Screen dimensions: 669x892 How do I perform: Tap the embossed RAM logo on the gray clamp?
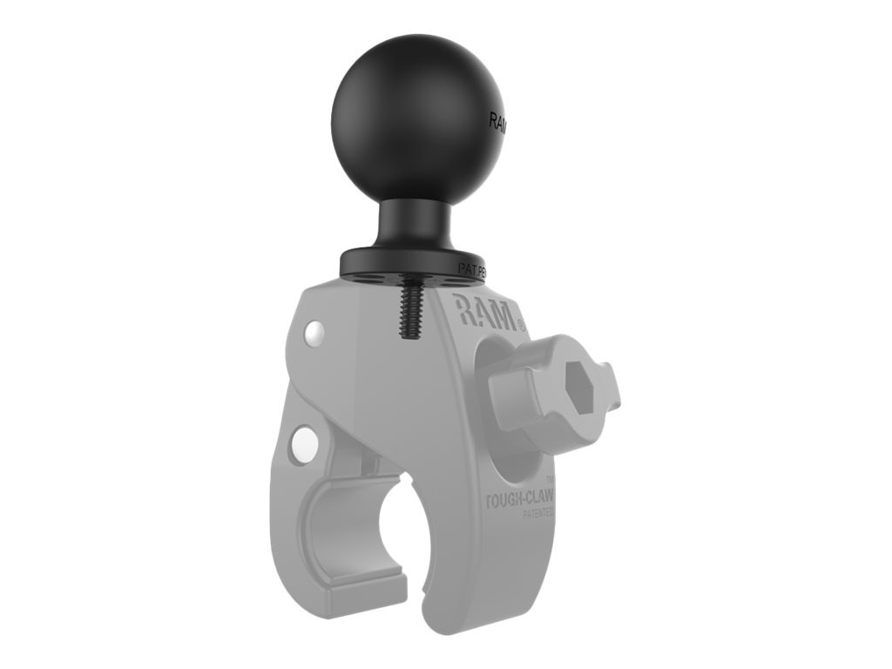(x=483, y=313)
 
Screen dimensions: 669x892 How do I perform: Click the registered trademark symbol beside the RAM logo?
(x=521, y=325)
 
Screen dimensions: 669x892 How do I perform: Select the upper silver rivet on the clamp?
(x=314, y=332)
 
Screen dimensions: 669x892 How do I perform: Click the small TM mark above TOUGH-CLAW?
(x=549, y=480)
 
